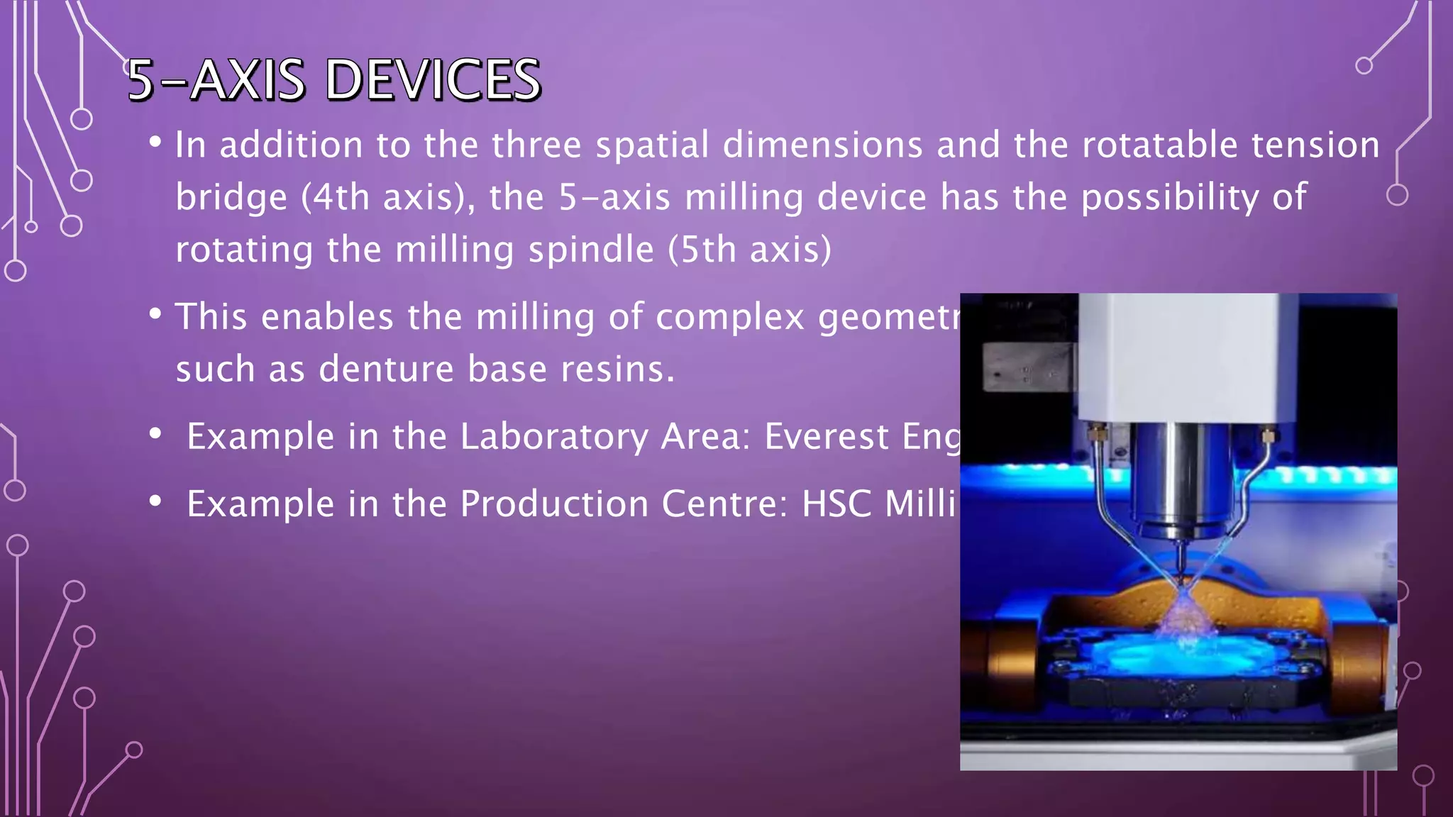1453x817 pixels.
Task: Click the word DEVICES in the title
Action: tap(433, 80)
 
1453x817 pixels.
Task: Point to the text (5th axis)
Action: tap(749, 250)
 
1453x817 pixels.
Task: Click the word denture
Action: tap(386, 369)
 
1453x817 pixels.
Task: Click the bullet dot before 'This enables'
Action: tap(155, 313)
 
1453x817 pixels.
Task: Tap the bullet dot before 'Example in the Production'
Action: tap(155, 501)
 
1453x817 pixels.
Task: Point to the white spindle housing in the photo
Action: tap(1178, 355)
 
